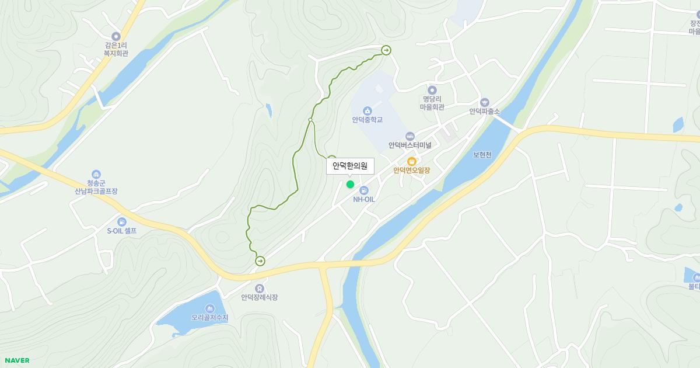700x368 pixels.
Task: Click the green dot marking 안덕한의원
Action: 350,185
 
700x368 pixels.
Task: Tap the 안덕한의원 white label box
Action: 350,166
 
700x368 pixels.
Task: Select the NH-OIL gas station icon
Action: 364,190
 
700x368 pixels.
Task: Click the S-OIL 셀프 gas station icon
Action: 121,222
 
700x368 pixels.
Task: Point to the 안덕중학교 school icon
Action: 367,111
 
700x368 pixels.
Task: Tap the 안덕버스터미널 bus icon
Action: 409,136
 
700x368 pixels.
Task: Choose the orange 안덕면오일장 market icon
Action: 411,161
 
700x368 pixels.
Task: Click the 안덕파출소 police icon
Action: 484,102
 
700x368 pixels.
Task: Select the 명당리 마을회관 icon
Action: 432,90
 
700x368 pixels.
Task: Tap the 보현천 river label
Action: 482,155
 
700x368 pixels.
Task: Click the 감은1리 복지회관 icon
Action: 116,36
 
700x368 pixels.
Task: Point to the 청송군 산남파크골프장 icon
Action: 96,174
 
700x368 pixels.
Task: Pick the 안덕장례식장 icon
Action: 259,288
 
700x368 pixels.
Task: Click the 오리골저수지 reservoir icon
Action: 209,308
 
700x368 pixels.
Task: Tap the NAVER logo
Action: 17,360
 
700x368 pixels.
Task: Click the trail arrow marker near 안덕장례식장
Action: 260,261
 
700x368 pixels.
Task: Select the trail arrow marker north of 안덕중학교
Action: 386,50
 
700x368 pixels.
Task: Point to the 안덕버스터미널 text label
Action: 409,145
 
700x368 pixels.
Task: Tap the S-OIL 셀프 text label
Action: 121,231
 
